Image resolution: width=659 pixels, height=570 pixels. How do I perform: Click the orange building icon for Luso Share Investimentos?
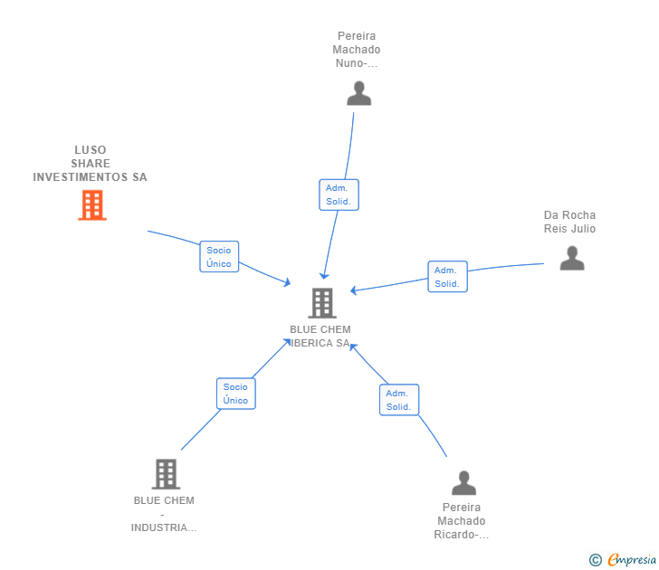[x=91, y=205]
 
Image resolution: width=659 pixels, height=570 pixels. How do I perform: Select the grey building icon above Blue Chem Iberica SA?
[x=321, y=303]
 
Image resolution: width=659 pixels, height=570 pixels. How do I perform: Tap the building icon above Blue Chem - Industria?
[x=165, y=473]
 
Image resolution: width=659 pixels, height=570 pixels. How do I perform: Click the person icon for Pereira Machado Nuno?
[x=358, y=93]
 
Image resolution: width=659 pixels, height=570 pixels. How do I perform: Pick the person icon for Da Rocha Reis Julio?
[x=571, y=258]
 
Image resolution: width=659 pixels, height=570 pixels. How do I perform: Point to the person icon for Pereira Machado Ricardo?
[x=463, y=483]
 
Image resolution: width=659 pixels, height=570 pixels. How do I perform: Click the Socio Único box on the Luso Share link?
[x=219, y=257]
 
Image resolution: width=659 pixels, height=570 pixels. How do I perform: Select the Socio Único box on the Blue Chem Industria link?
[x=235, y=394]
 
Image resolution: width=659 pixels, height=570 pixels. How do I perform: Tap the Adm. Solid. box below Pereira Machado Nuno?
[x=339, y=195]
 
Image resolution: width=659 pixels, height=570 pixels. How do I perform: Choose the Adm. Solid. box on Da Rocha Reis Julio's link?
[x=447, y=277]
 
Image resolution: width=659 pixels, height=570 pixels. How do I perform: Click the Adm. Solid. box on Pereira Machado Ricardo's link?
[x=399, y=400]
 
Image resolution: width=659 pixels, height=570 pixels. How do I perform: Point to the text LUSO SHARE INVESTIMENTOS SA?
[x=90, y=164]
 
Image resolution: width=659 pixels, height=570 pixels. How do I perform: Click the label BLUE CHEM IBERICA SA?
[x=320, y=337]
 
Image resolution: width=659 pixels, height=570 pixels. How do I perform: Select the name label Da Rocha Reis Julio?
[x=569, y=222]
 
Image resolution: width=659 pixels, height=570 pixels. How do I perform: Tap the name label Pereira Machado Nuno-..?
[x=356, y=50]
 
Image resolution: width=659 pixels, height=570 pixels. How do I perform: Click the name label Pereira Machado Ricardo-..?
[x=462, y=521]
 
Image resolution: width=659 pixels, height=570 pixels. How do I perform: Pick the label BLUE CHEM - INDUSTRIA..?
[x=164, y=514]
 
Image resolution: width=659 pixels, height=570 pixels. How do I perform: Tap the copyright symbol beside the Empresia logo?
[x=596, y=561]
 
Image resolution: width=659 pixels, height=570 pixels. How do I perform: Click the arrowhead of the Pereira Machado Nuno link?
[x=324, y=275]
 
